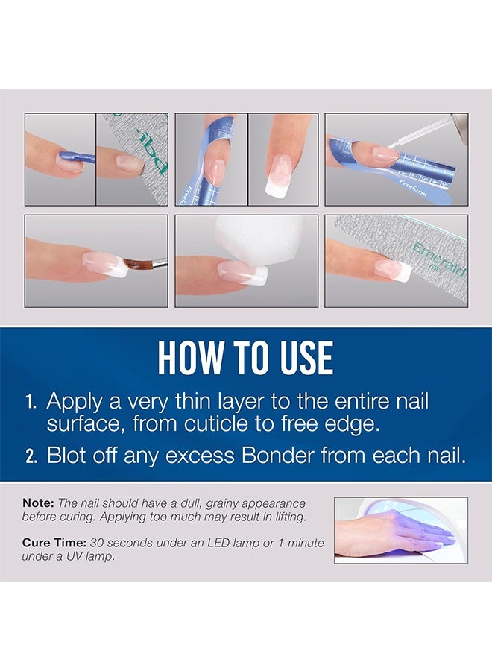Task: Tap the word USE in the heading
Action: pyautogui.click(x=300, y=359)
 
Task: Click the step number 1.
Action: pyautogui.click(x=31, y=402)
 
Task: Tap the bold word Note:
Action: pyautogui.click(x=37, y=503)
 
